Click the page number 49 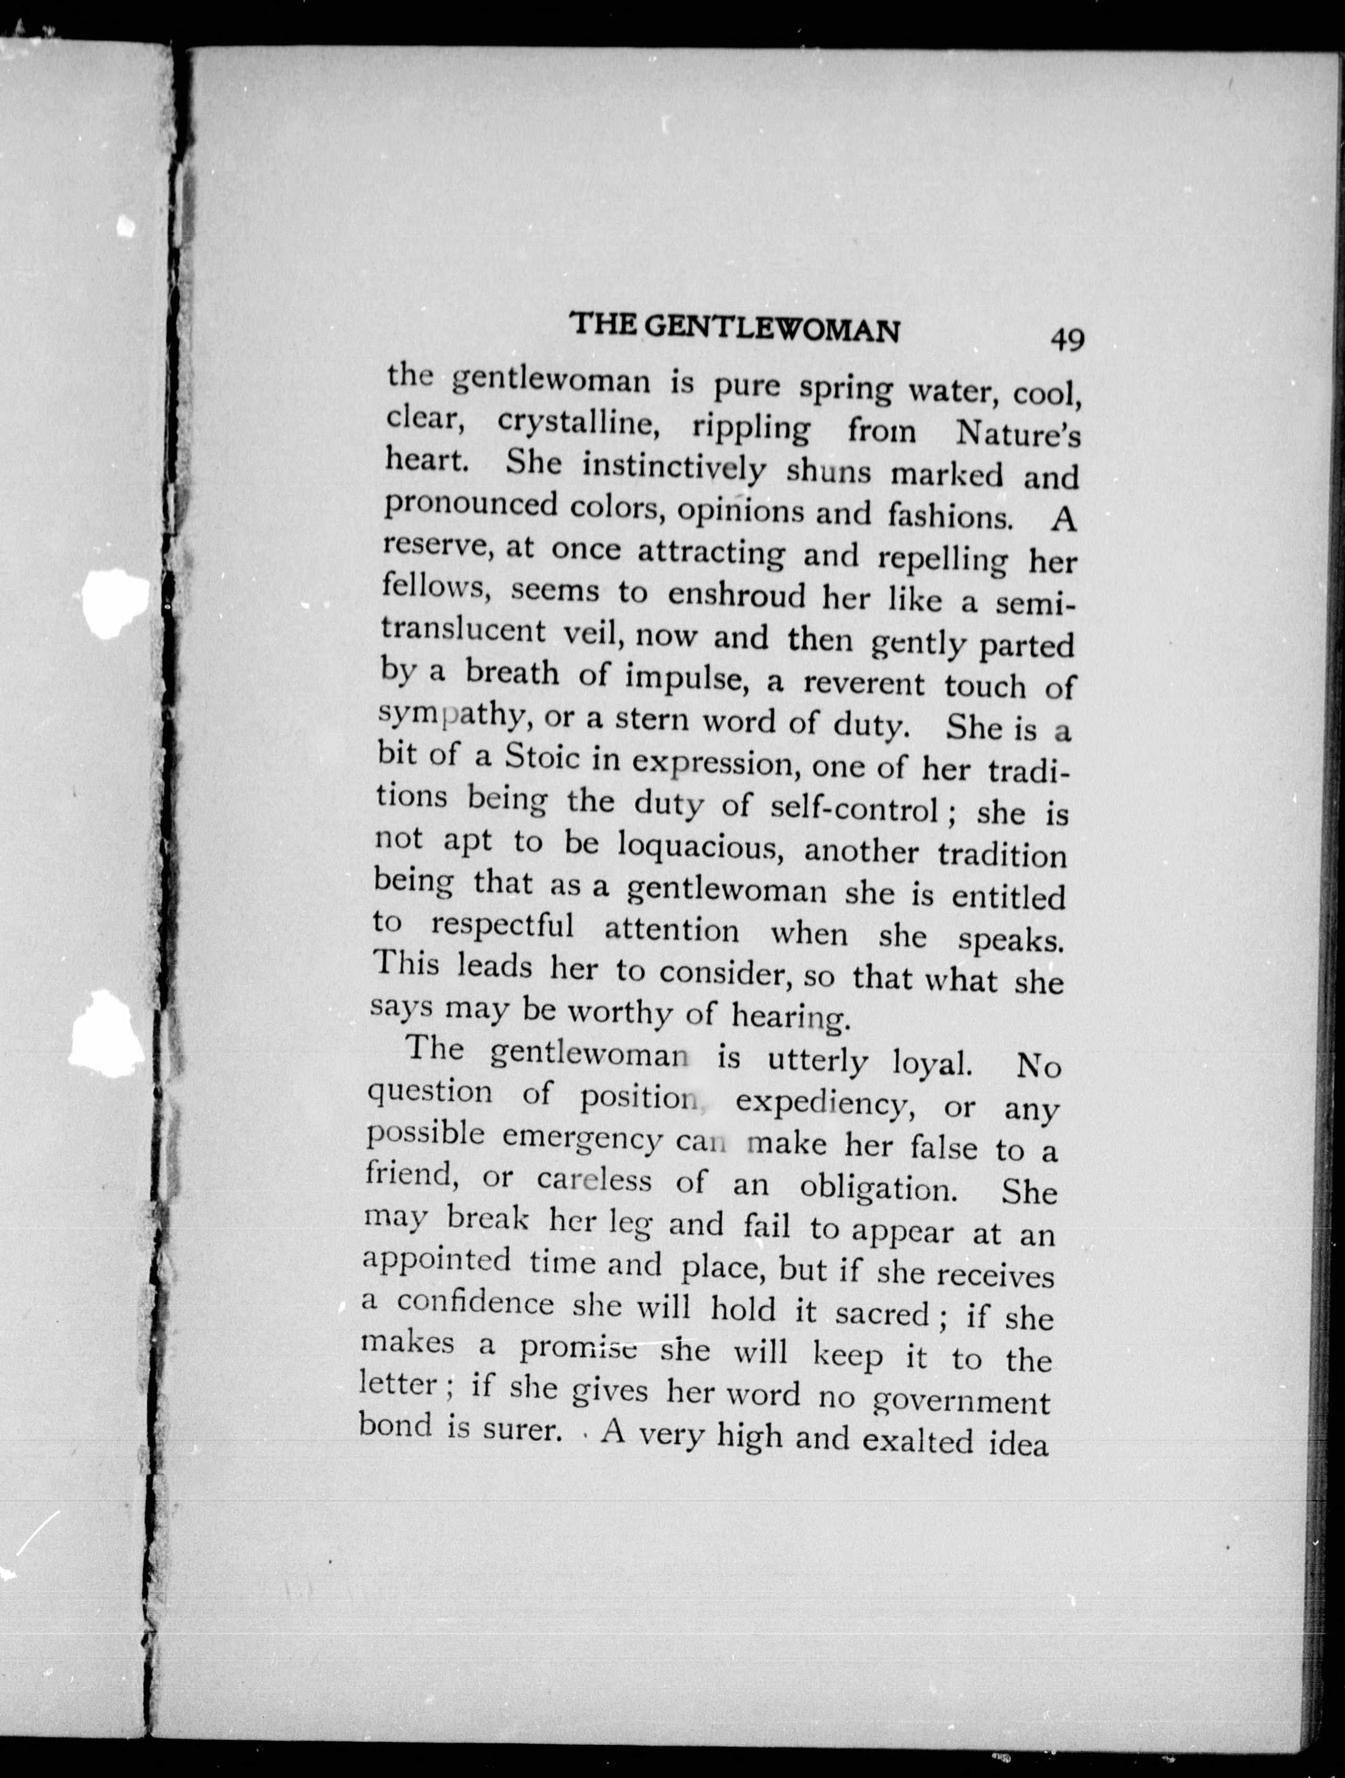(1067, 338)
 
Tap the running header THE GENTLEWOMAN (734, 328)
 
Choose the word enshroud (736, 596)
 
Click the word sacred (882, 1314)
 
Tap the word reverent (864, 683)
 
